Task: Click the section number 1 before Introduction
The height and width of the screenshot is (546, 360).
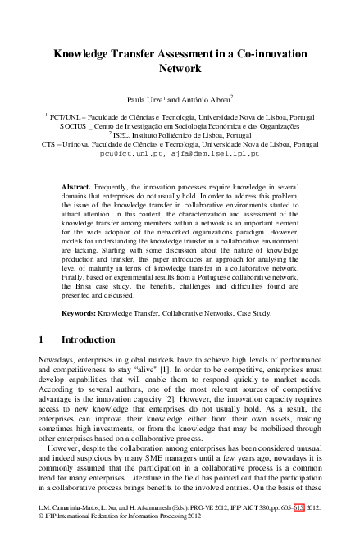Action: tap(42, 339)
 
